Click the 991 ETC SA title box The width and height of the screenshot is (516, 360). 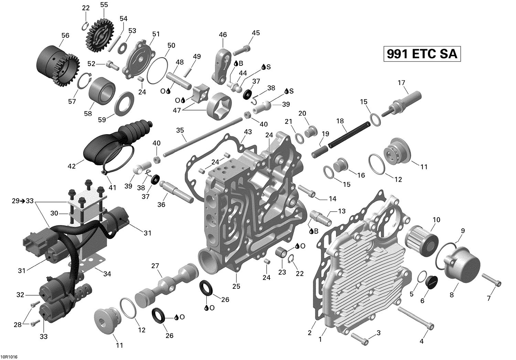click(x=422, y=54)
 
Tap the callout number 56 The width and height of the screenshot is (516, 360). click(x=65, y=35)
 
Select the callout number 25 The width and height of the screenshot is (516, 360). click(x=236, y=286)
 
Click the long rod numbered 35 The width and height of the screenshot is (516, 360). click(x=203, y=138)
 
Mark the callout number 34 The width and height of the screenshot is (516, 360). click(x=107, y=274)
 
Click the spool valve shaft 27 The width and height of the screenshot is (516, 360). click(x=167, y=284)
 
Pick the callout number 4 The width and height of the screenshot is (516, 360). click(x=421, y=341)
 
